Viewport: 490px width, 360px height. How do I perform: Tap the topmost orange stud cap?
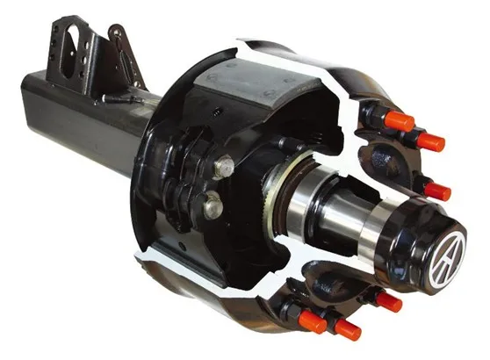tap(399, 121)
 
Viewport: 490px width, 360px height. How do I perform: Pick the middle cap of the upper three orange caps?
tap(430, 141)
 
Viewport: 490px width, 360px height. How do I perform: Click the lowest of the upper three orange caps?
tap(436, 191)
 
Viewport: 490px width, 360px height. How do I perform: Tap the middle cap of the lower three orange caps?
tap(347, 329)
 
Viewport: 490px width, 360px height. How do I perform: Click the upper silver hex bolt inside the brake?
tap(223, 165)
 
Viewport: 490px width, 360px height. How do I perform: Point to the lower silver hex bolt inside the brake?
tap(213, 207)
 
